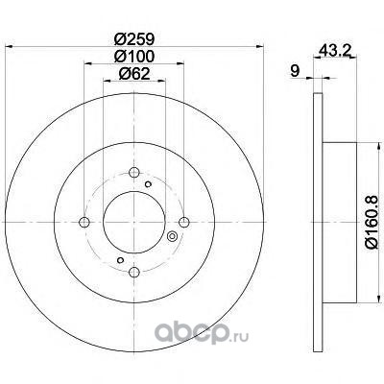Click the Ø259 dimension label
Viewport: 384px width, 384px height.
pos(134,39)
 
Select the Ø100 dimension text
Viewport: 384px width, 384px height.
pos(134,57)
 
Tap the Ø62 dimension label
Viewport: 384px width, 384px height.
pos(134,74)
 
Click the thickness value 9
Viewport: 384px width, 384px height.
pos(295,71)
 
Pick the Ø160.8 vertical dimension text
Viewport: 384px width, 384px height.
pos(372,222)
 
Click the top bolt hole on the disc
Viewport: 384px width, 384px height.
pos(134,173)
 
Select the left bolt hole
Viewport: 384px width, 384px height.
pos(84,222)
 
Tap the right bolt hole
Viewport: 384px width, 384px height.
pos(184,222)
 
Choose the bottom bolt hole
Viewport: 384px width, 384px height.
pos(134,272)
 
